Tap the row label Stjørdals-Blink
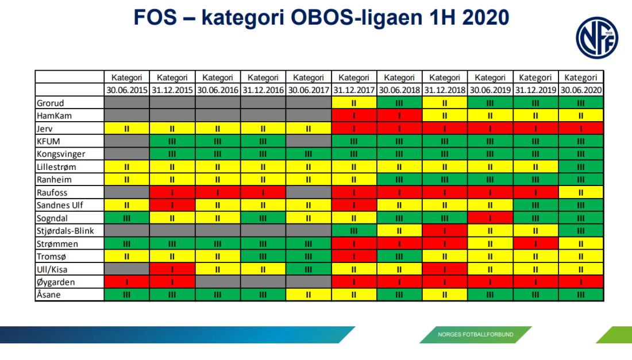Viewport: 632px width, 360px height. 64,231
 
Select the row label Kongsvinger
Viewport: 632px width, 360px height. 60,154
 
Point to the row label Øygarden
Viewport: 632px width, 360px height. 56,282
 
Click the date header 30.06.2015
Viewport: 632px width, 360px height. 126,90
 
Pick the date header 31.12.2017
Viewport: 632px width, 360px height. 354,90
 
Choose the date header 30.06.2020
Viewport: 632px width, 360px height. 581,90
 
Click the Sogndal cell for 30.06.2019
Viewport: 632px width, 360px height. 490,218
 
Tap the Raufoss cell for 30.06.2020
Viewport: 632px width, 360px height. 581,192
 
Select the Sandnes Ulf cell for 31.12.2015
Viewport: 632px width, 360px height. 172,205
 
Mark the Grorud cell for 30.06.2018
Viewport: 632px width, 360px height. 399,103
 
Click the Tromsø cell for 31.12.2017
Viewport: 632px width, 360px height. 354,257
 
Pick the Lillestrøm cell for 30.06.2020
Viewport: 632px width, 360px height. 581,167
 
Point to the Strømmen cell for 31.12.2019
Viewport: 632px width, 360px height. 535,243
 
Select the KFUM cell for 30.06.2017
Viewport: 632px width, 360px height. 309,141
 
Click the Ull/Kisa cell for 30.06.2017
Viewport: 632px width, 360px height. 309,269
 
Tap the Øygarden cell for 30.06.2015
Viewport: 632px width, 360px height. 126,282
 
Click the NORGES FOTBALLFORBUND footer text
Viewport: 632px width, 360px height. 475,334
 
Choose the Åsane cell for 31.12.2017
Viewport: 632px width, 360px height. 354,295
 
